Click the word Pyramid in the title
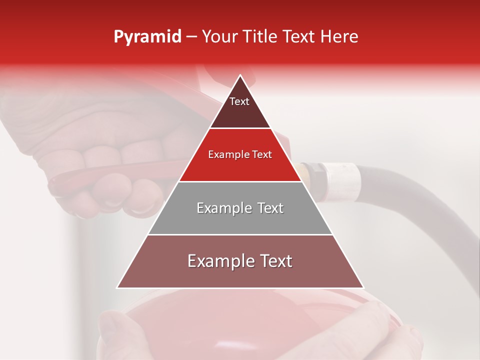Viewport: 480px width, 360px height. pyautogui.click(x=147, y=37)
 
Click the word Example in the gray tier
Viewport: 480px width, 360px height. pyautogui.click(x=222, y=208)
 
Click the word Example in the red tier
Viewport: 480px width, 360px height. pyautogui.click(x=227, y=155)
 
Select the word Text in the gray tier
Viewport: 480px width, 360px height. pyautogui.click(x=270, y=208)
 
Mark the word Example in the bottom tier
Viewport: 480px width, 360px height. pyautogui.click(x=217, y=261)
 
